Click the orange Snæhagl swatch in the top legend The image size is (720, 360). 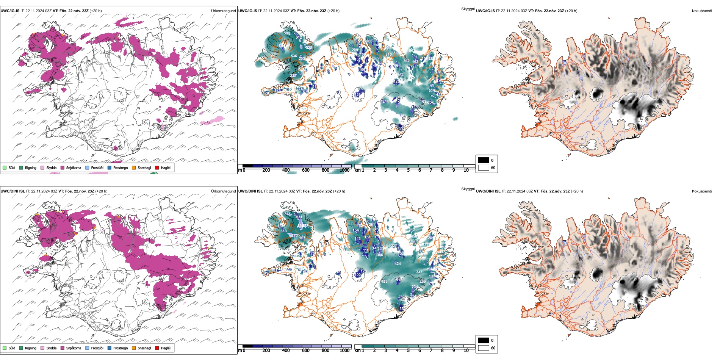134,167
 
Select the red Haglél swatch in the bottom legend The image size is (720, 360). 157,348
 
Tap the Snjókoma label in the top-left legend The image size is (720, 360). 74,167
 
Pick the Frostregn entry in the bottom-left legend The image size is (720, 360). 121,348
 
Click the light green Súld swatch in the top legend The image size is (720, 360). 5,167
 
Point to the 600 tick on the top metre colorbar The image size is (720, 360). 306,170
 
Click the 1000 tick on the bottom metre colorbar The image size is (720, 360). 344,351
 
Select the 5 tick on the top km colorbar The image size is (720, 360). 409,170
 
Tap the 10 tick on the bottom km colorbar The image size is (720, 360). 466,351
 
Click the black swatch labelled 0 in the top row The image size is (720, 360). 484,160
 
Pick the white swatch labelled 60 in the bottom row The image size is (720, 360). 484,348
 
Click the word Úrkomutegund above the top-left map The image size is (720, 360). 223,11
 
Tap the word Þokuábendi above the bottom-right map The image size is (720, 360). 702,191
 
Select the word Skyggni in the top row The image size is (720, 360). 468,9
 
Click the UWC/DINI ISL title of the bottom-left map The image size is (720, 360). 13,191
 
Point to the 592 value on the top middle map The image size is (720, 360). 287,33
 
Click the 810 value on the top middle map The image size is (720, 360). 388,55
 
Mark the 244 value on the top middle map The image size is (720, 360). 385,102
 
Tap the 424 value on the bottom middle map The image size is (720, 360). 398,264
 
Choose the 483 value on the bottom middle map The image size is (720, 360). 384,282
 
